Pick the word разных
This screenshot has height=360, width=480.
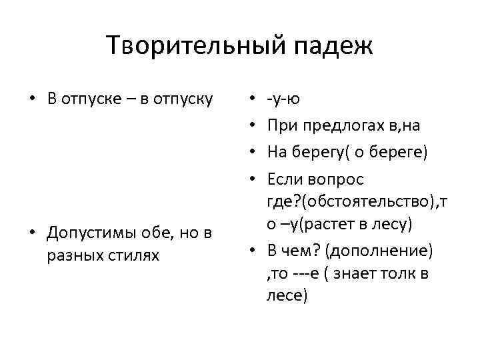tap(75, 255)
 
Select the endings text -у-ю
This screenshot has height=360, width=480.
tap(283, 99)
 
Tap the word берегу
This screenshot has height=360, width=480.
tap(321, 152)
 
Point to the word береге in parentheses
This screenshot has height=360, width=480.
tap(397, 152)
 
